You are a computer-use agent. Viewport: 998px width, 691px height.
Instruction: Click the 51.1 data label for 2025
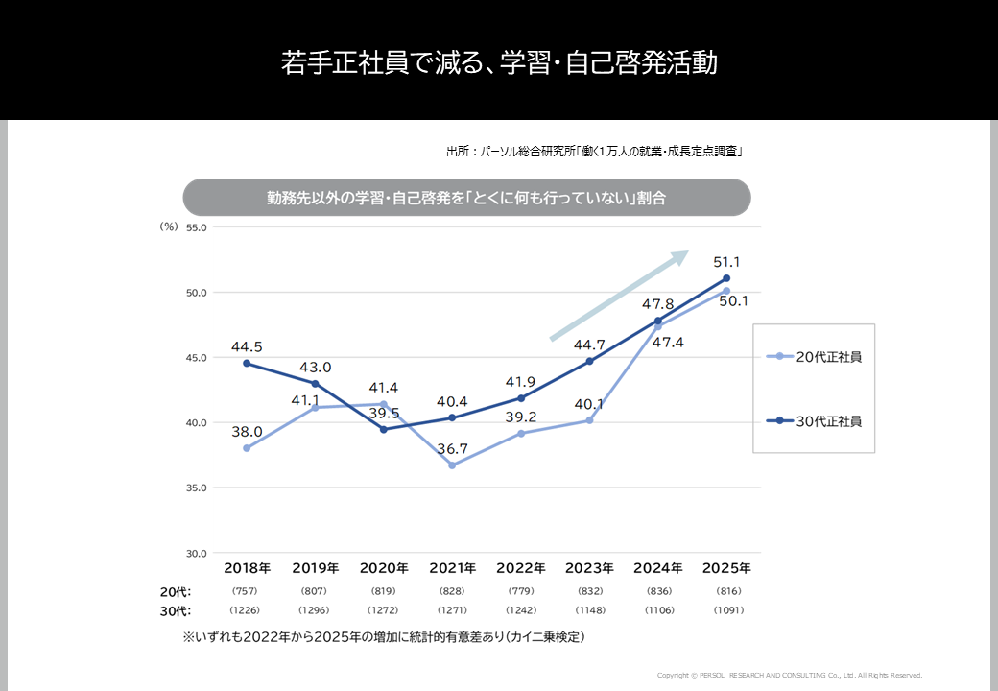pyautogui.click(x=725, y=262)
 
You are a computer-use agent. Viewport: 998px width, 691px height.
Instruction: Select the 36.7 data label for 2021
pyautogui.click(x=452, y=448)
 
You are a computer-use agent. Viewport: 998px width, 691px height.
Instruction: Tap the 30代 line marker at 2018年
pyautogui.click(x=247, y=364)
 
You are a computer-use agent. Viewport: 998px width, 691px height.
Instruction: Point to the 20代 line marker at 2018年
pyautogui.click(x=247, y=448)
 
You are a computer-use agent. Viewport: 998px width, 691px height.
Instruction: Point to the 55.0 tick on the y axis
pyautogui.click(x=197, y=227)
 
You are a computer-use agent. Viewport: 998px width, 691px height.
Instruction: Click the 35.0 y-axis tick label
pyautogui.click(x=197, y=488)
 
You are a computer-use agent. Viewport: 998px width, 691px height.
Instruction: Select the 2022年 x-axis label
pyautogui.click(x=521, y=568)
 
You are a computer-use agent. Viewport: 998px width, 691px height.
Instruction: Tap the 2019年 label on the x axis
pyautogui.click(x=315, y=568)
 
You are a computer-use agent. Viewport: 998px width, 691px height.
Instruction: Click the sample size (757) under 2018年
pyautogui.click(x=247, y=591)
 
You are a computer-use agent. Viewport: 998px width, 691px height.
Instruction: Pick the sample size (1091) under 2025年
pyautogui.click(x=726, y=610)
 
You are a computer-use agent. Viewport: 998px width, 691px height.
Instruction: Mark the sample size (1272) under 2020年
pyautogui.click(x=384, y=610)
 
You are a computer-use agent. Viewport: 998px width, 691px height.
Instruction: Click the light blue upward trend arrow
pyautogui.click(x=620, y=295)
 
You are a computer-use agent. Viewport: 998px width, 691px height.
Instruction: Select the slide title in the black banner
pyautogui.click(x=499, y=63)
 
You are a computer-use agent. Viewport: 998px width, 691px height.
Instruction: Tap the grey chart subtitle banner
pyautogui.click(x=466, y=198)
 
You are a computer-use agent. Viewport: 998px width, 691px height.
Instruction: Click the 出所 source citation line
pyautogui.click(x=595, y=152)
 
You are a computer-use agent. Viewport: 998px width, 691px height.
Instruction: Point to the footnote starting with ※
pyautogui.click(x=384, y=636)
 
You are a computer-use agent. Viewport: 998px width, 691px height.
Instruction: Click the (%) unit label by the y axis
pyautogui.click(x=168, y=227)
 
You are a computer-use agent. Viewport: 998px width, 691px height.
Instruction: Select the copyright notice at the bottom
pyautogui.click(x=789, y=675)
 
